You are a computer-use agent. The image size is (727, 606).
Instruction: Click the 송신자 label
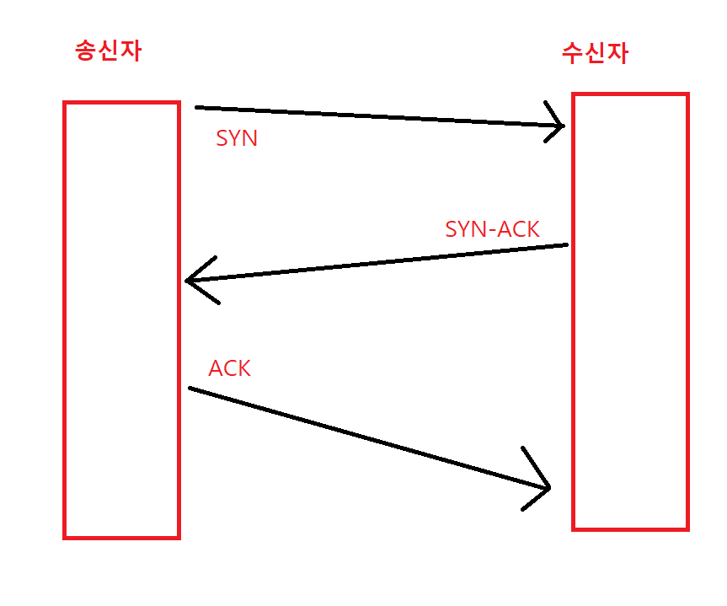(x=108, y=51)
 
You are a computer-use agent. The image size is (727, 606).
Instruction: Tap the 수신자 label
(x=595, y=53)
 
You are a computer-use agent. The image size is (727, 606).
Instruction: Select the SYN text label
(x=237, y=139)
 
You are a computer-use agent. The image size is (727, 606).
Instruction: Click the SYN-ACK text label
(x=492, y=228)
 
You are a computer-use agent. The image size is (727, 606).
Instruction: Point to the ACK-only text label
(x=229, y=368)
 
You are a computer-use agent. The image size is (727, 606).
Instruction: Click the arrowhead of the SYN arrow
(x=562, y=126)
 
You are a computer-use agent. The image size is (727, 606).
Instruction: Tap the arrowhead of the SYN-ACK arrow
(x=187, y=281)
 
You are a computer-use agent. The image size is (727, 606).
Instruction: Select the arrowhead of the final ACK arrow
(x=548, y=487)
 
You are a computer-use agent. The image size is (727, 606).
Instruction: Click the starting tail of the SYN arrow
(x=196, y=108)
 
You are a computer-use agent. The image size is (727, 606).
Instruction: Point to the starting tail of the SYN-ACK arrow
(x=567, y=245)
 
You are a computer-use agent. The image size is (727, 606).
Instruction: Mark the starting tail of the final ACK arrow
(x=190, y=388)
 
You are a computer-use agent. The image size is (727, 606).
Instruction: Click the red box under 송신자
(x=121, y=319)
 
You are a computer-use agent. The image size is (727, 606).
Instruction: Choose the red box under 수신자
(x=630, y=311)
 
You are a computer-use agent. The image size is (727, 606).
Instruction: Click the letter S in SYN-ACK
(x=452, y=228)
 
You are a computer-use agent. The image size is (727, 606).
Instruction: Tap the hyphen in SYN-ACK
(x=491, y=230)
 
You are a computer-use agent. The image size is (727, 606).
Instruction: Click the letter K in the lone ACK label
(x=243, y=368)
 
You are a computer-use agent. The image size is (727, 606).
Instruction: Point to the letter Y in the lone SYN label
(x=236, y=139)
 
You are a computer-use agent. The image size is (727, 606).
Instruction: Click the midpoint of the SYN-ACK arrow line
(x=377, y=263)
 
